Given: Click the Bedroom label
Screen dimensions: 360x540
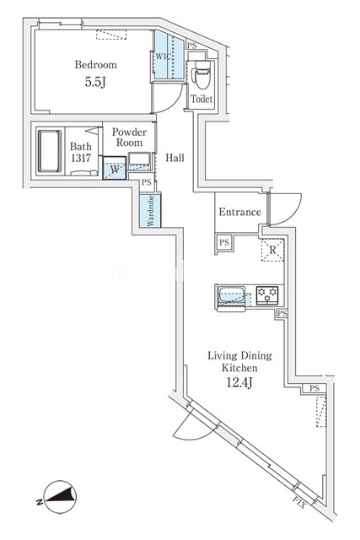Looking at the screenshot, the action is [95, 65].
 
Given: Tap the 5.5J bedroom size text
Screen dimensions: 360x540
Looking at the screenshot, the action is [95, 82].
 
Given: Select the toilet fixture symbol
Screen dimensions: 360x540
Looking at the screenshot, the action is [201, 74].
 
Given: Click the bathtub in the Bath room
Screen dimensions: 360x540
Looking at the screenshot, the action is [50, 151].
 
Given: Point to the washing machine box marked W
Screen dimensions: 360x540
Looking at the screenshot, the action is [115, 168].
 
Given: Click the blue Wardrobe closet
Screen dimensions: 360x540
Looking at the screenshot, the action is [150, 211].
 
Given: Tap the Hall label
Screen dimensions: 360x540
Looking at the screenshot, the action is [175, 158].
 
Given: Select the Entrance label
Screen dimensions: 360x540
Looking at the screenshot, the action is [240, 212].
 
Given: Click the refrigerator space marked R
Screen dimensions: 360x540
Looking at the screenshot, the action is [272, 250].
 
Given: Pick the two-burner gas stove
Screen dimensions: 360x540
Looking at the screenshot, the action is [267, 295].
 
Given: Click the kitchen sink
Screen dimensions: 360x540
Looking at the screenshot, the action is [232, 296].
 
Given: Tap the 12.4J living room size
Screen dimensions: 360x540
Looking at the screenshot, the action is [239, 382].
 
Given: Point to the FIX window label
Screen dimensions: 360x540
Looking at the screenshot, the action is [299, 503].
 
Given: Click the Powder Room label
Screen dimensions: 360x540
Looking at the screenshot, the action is [129, 137].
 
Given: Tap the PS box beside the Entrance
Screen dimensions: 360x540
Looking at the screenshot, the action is [224, 242].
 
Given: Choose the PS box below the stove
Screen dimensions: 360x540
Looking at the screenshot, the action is [282, 313].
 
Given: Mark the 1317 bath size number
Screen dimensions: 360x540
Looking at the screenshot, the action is [81, 158].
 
